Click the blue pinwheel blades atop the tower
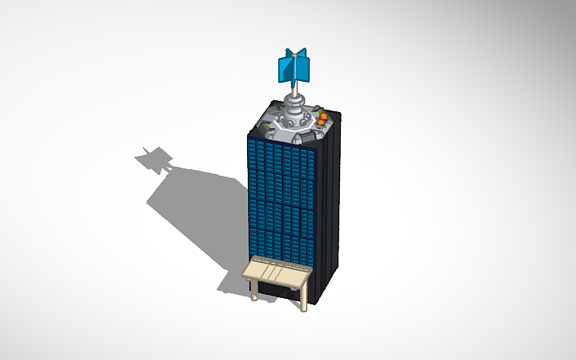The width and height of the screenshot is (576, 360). (295, 67)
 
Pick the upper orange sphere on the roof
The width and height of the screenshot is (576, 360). (323, 117)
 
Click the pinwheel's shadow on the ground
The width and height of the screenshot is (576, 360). (153, 160)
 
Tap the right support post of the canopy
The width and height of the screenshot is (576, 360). (303, 300)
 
